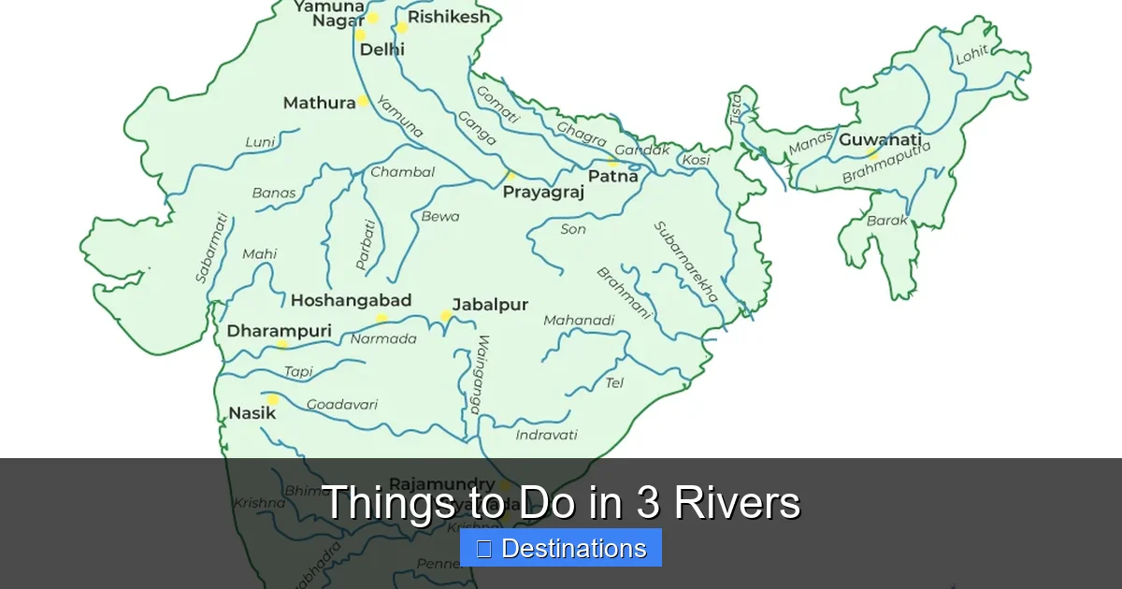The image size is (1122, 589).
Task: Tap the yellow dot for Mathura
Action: (x=363, y=101)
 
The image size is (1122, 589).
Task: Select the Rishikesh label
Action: (x=448, y=18)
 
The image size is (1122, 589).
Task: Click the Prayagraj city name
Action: (x=543, y=193)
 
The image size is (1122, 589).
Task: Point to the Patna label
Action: (x=612, y=176)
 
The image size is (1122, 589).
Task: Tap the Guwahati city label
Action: (x=880, y=140)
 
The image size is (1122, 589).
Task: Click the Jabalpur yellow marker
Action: (x=447, y=316)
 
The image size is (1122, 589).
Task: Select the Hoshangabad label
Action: (x=351, y=300)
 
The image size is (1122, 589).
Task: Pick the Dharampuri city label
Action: (x=279, y=331)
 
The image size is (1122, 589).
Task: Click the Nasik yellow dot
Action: (x=273, y=399)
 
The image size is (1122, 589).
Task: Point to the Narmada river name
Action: (x=383, y=338)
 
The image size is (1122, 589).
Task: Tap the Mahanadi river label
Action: (x=579, y=321)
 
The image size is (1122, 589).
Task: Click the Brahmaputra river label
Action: (x=886, y=163)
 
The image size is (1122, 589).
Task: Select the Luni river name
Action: (x=260, y=142)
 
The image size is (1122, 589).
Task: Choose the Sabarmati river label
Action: (x=211, y=248)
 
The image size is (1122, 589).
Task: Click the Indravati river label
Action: (x=546, y=435)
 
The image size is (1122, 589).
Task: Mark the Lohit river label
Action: (x=971, y=55)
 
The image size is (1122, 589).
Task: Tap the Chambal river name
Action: (x=402, y=172)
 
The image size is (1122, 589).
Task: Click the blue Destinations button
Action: (x=561, y=549)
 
